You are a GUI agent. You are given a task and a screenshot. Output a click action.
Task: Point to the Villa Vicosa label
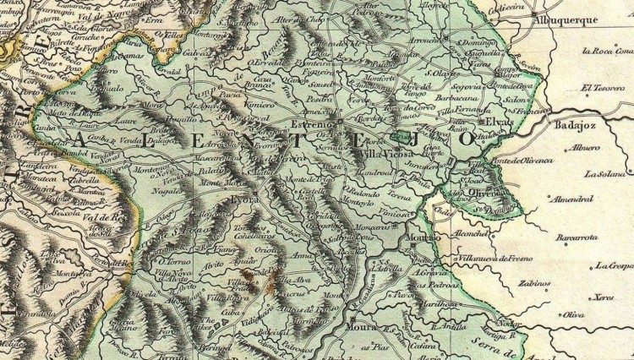point(385,155)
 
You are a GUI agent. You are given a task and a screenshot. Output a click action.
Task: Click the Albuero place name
point(584,147)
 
